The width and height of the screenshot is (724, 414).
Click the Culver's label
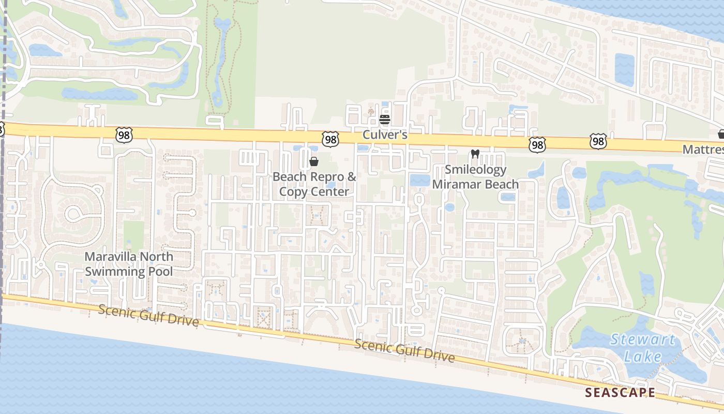(x=385, y=135)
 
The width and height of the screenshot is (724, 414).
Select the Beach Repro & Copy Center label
(x=314, y=184)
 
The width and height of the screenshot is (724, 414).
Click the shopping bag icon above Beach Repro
(x=313, y=161)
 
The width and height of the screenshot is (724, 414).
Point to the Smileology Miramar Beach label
(x=475, y=177)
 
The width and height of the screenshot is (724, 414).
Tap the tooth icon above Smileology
(x=475, y=154)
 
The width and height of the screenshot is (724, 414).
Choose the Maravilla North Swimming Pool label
(x=129, y=264)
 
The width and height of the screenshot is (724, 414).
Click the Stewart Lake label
(x=643, y=348)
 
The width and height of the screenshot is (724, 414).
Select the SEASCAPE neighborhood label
(x=620, y=393)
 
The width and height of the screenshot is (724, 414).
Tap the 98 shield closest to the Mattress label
(x=598, y=141)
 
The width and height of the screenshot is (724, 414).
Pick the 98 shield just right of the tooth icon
(x=537, y=145)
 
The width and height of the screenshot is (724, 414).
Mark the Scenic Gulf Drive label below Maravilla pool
(x=148, y=316)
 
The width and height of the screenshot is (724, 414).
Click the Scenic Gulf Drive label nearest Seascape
(x=404, y=351)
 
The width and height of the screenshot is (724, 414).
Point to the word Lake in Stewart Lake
(x=642, y=356)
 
